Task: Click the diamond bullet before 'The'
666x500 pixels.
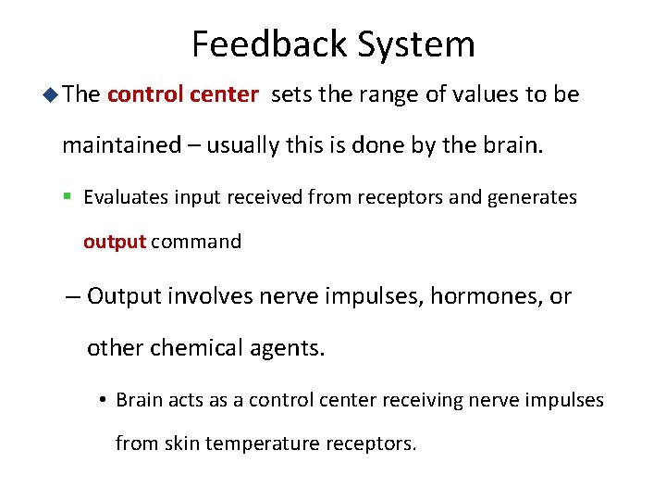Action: pyautogui.click(x=52, y=94)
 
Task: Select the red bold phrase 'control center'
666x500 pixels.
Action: pyautogui.click(x=183, y=94)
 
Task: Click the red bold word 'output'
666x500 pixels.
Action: pyautogui.click(x=115, y=242)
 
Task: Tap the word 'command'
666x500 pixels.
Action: pyautogui.click(x=196, y=242)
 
